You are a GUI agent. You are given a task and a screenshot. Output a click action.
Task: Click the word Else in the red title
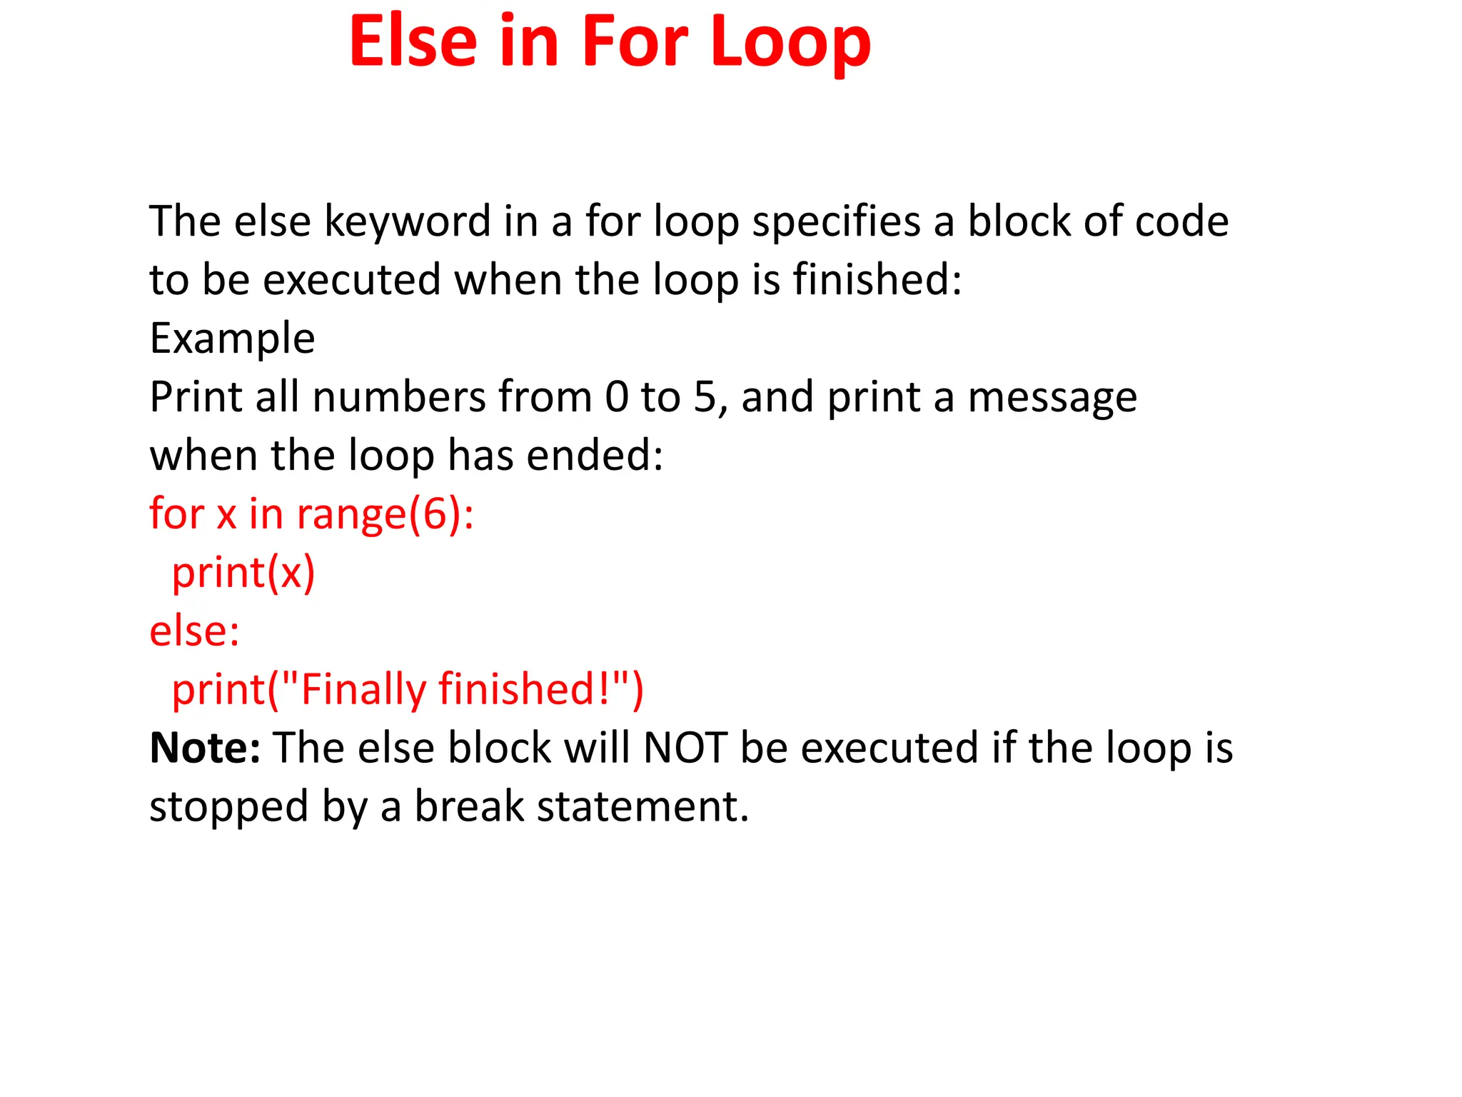click(x=413, y=43)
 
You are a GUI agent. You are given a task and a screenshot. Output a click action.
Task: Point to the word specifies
click(x=837, y=222)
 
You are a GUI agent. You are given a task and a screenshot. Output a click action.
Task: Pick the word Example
click(x=232, y=339)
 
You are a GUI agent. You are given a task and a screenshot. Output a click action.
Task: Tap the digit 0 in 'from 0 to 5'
click(x=617, y=397)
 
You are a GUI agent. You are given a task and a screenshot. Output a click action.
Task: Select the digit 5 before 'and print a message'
click(x=705, y=397)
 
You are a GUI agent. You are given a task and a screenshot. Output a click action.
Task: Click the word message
click(x=1052, y=398)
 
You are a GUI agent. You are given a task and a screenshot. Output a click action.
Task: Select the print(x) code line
click(x=243, y=573)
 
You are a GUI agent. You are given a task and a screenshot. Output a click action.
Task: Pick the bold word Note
click(x=204, y=748)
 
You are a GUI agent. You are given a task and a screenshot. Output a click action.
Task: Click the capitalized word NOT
click(x=685, y=748)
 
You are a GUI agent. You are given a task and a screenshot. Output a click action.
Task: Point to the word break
click(x=469, y=806)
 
